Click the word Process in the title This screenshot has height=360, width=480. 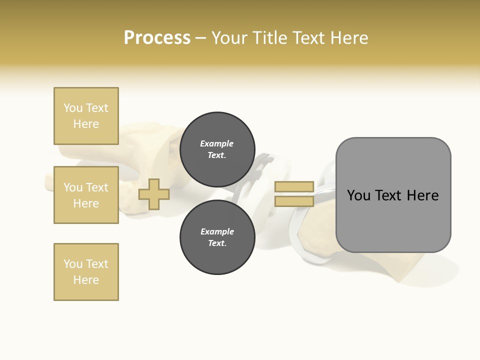tap(157, 38)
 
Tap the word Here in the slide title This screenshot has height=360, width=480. tap(347, 38)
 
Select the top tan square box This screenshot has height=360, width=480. tap(86, 116)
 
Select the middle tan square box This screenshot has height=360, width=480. tap(86, 195)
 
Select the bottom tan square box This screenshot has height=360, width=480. tap(86, 272)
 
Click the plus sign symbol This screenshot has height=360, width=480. tap(153, 194)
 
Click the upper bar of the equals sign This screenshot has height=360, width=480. tap(294, 187)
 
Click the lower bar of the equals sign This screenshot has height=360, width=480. tap(294, 201)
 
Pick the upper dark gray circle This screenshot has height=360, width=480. tap(217, 149)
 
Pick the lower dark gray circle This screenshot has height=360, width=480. tap(217, 237)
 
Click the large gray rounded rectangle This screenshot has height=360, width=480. tap(393, 220)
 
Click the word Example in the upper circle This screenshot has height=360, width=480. tap(216, 143)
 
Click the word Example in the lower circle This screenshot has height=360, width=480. tap(217, 231)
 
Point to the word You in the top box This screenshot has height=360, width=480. tap(72, 108)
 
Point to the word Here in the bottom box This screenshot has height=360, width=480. tap(86, 280)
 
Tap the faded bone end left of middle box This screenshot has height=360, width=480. tap(48, 180)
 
